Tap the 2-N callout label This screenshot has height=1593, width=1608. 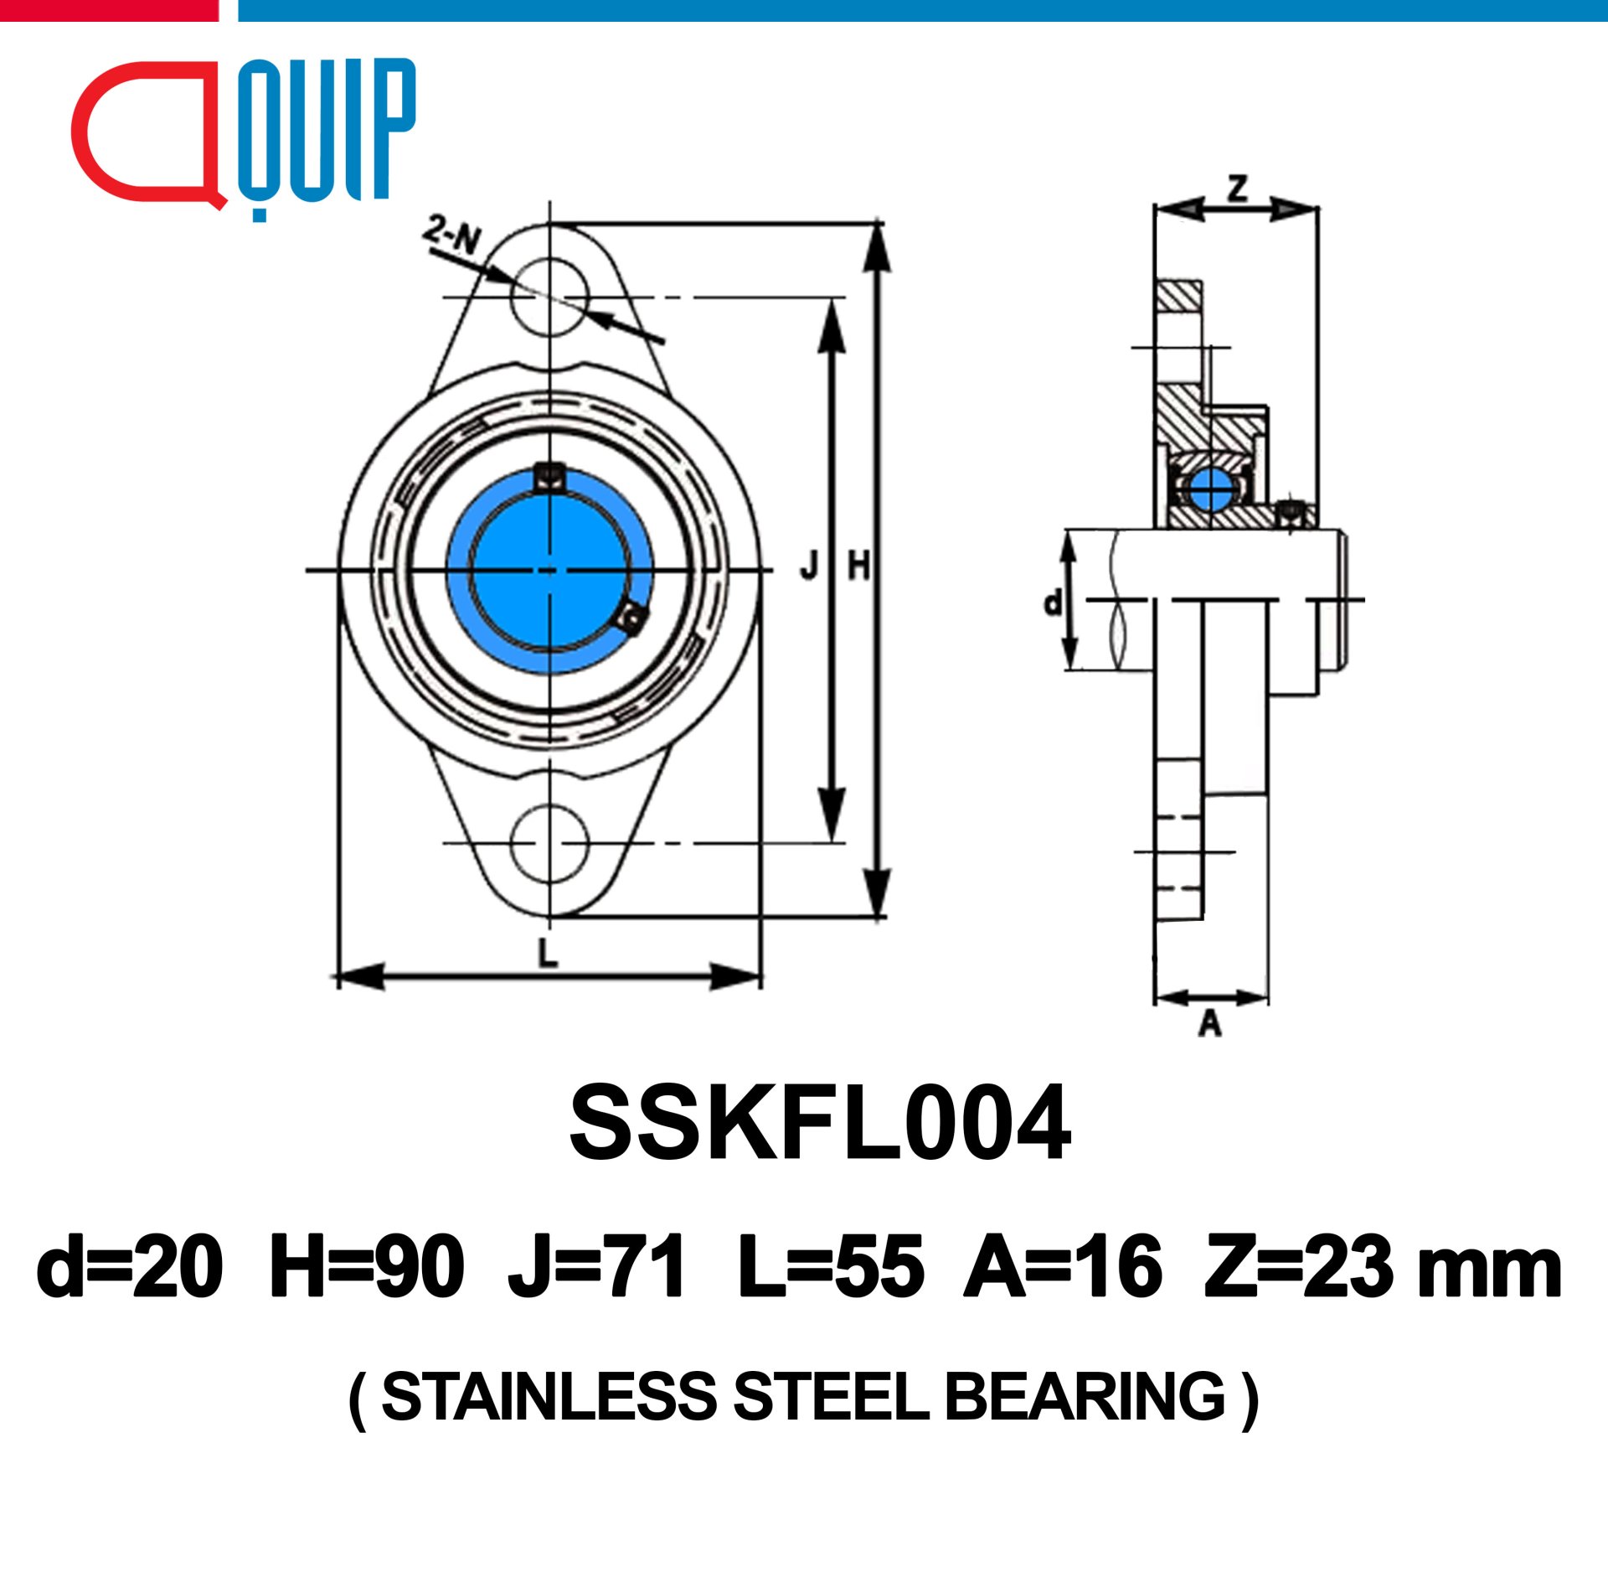[x=451, y=235]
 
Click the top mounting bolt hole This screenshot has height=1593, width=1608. [x=549, y=297]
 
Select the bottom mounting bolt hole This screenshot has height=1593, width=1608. [x=549, y=843]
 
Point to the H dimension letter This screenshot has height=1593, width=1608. [x=859, y=567]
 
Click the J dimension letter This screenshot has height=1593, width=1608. [x=809, y=567]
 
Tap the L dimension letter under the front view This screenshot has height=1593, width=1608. [x=548, y=953]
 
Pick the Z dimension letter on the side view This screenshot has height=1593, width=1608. [x=1237, y=189]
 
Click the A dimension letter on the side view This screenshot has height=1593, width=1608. [x=1210, y=1023]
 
